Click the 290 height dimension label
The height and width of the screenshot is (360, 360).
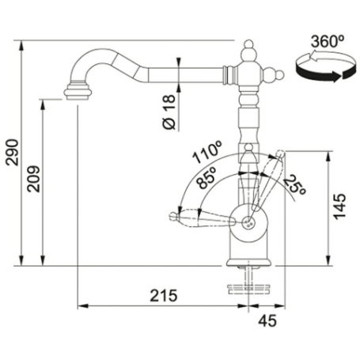(13, 153)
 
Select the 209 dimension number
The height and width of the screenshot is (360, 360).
(34, 179)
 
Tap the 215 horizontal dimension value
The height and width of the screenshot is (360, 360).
(164, 295)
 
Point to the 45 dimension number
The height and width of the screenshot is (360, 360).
(267, 320)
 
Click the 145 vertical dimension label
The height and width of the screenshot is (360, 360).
(339, 207)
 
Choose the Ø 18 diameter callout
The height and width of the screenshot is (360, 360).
(169, 112)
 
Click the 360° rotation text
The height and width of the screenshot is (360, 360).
(328, 42)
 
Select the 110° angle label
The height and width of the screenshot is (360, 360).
(207, 152)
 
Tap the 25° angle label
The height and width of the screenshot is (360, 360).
(294, 185)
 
